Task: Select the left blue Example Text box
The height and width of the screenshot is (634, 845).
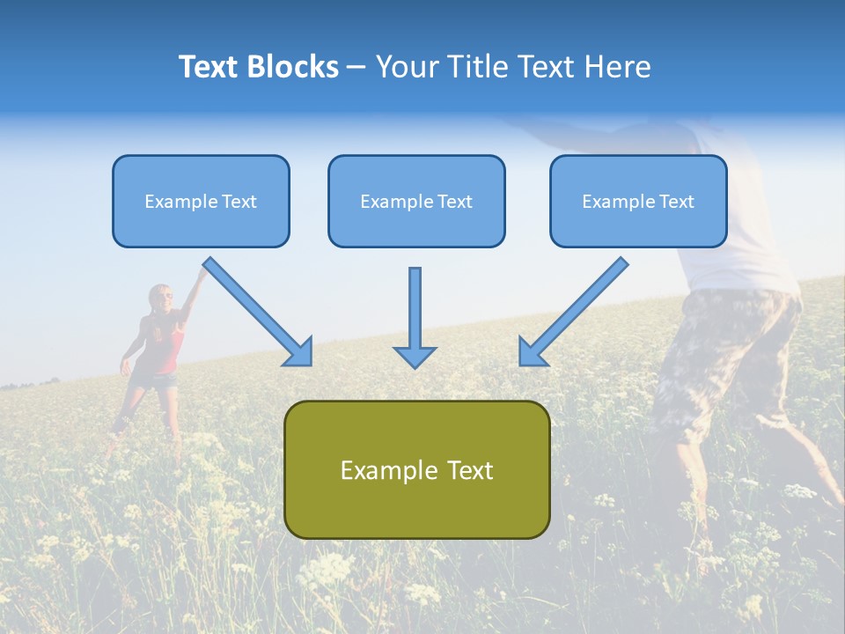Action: point(201,202)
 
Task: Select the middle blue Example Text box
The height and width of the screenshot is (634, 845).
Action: point(416,202)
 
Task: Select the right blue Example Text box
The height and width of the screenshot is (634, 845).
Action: point(638,202)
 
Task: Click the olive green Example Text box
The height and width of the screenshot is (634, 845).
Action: point(416,470)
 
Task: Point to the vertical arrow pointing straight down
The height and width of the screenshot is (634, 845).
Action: point(415,308)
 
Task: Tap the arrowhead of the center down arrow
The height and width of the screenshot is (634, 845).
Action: point(415,356)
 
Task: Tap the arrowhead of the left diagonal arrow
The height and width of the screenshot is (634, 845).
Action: point(300,352)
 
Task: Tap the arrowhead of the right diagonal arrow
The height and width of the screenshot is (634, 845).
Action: point(531,352)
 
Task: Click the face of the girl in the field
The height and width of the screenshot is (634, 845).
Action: point(161,299)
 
